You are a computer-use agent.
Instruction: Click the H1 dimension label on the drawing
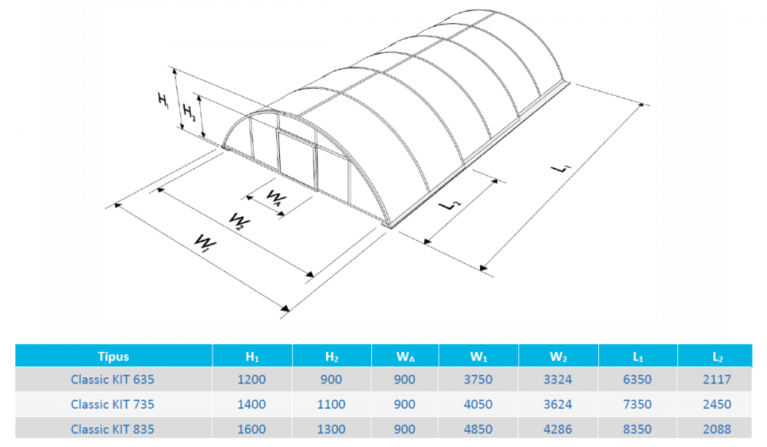[x=163, y=100]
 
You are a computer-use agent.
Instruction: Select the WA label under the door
[x=276, y=198]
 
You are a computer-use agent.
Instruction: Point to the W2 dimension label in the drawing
[x=239, y=221]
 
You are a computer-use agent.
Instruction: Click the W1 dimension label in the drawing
[x=205, y=243]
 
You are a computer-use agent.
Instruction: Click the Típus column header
[x=114, y=357]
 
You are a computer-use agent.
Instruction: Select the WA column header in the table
[x=405, y=357]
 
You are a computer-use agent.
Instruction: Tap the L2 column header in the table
[x=717, y=357]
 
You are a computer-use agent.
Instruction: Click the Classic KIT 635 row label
[x=113, y=380]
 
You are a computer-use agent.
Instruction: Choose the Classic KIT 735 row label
[x=113, y=405]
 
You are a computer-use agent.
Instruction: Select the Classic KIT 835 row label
[x=113, y=429]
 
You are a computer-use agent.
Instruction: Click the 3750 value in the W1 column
[x=478, y=380]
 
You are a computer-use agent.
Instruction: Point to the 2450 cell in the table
[x=717, y=405]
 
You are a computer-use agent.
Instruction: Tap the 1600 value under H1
[x=252, y=429]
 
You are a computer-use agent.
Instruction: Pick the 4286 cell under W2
[x=558, y=429]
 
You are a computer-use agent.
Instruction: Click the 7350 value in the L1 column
[x=637, y=405]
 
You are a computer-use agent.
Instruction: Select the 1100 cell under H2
[x=331, y=405]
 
